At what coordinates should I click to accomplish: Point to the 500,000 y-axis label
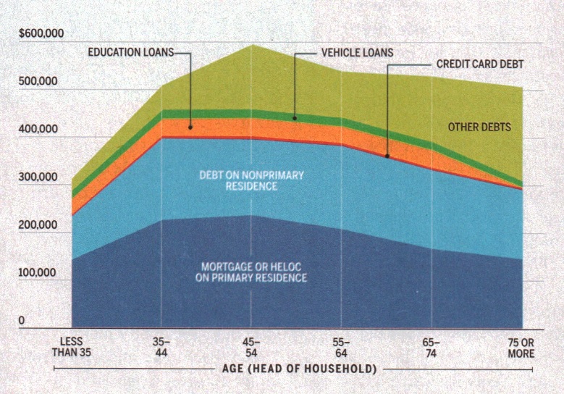tap(38, 82)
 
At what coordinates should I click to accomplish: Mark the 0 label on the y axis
tap(22, 320)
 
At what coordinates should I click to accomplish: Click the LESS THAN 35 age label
tap(72, 347)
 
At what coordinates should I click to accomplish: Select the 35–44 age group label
tap(161, 347)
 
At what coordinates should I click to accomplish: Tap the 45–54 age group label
tap(251, 347)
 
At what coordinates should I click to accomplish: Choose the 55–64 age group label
tap(341, 347)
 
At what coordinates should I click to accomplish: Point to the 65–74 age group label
tap(431, 347)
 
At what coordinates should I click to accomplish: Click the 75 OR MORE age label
tap(519, 347)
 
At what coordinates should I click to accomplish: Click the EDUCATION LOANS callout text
tap(130, 53)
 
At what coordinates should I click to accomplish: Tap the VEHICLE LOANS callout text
tap(357, 53)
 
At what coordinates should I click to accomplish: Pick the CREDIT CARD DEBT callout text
tap(479, 64)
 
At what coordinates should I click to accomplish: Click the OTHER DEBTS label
tap(479, 127)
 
